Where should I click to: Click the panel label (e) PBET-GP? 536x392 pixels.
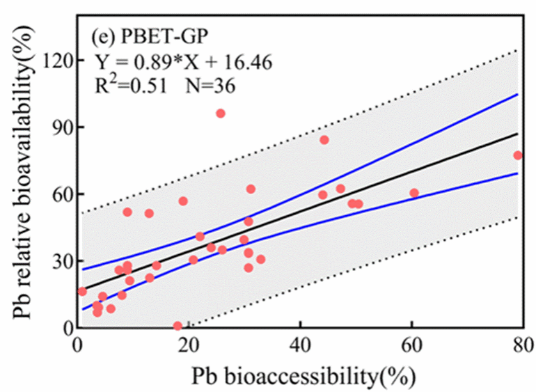click(150, 37)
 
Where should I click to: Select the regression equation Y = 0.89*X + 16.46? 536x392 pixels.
click(183, 62)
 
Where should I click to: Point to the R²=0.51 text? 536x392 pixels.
click(131, 85)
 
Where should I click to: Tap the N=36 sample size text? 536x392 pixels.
click(210, 86)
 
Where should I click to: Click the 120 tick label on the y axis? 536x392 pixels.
click(58, 61)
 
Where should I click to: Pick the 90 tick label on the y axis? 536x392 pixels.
click(63, 127)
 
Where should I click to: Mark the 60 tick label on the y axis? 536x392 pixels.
click(63, 195)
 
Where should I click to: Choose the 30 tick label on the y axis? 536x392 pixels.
click(63, 261)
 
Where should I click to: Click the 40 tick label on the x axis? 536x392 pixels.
click(300, 345)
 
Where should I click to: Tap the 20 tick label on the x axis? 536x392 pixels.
click(189, 345)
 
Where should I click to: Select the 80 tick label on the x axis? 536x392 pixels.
click(523, 345)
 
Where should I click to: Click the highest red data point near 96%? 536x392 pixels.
click(221, 113)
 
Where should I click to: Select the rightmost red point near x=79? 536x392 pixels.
click(518, 156)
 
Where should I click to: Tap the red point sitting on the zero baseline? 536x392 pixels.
click(178, 326)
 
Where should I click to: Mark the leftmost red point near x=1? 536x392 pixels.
click(82, 292)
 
